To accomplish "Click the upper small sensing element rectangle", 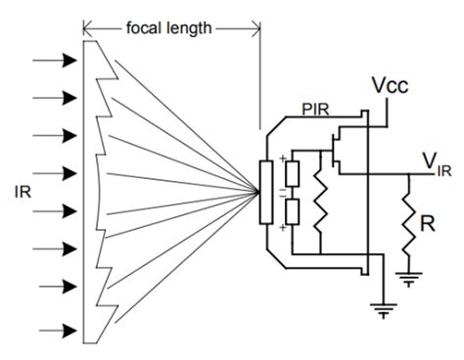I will [289, 173].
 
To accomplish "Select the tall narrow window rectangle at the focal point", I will [265, 192].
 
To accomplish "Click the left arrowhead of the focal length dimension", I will [88, 26].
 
